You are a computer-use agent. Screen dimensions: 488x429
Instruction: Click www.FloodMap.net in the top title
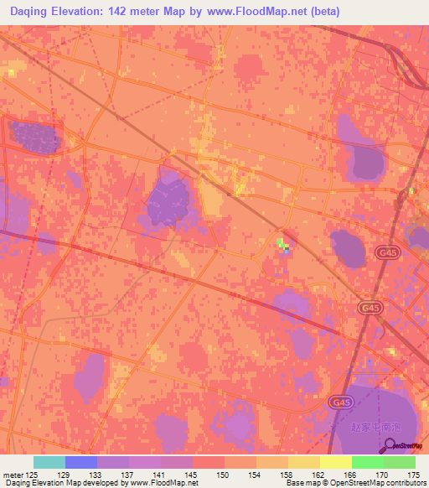tap(243, 11)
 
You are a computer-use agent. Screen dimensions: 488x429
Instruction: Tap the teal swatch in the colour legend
tap(49, 462)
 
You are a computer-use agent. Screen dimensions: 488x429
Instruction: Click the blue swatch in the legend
tap(81, 462)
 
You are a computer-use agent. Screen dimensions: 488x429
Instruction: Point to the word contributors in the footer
tap(405, 483)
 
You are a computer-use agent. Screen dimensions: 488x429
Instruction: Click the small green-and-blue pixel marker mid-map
tap(282, 245)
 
